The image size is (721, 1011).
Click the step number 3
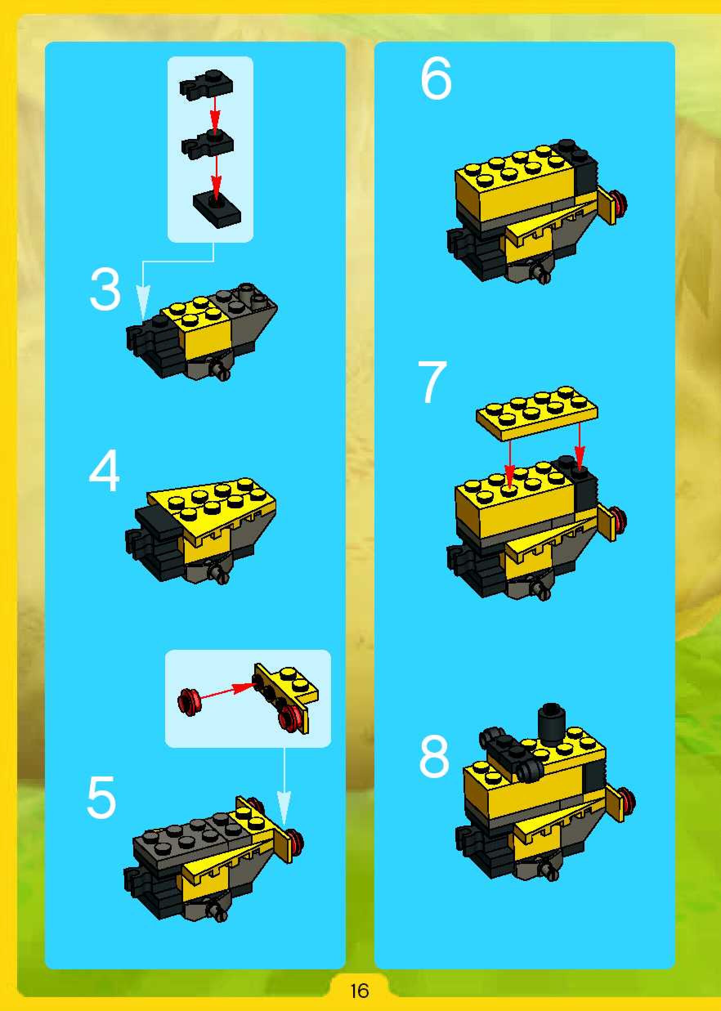point(105,290)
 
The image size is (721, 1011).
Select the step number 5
point(102,797)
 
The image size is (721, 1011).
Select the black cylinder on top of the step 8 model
point(551,723)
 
